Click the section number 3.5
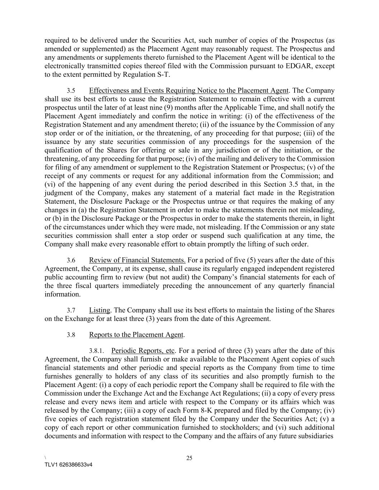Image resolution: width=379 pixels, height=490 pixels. [71, 91]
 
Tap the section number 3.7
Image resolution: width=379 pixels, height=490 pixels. [71, 311]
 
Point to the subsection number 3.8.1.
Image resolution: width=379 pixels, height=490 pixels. [97, 351]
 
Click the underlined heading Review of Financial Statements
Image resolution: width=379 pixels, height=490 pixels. [137, 260]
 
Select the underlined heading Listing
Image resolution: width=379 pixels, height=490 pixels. [100, 310]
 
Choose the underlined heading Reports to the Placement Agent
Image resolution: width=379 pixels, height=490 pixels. [136, 335]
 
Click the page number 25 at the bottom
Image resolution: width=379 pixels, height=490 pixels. [189, 458]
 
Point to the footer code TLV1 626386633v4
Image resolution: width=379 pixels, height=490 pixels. [68, 465]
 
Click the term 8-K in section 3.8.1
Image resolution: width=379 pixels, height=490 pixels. [207, 410]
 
